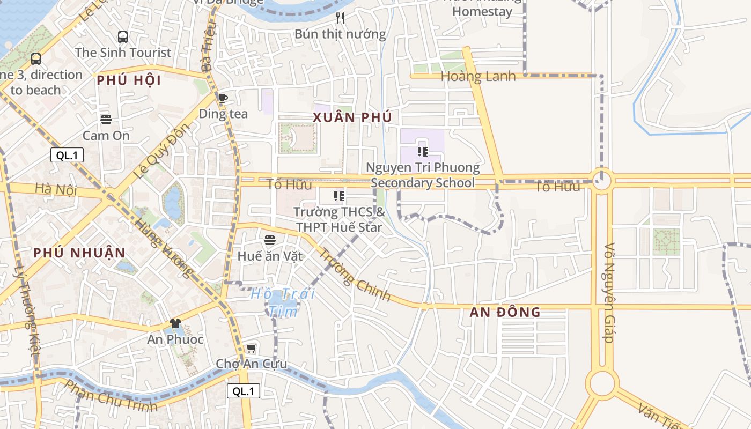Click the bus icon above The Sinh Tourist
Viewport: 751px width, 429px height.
(x=123, y=37)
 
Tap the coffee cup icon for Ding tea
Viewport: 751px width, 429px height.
(x=223, y=98)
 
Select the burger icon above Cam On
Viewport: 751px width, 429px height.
(x=106, y=120)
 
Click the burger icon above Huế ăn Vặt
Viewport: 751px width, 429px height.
(x=270, y=240)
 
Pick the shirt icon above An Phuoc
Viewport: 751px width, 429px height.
(x=175, y=323)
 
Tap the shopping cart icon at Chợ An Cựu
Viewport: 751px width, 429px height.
(x=251, y=349)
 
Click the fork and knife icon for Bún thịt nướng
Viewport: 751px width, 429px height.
(x=340, y=19)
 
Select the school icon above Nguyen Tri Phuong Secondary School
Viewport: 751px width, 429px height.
(x=423, y=152)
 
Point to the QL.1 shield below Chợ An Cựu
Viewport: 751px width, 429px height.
(x=244, y=391)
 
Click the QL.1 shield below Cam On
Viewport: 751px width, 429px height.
(x=67, y=156)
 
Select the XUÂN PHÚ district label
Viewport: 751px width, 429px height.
(x=352, y=117)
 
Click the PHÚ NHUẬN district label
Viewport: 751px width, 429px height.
(x=79, y=253)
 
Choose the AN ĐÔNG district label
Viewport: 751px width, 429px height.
(x=505, y=312)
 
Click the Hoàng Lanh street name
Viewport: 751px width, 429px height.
(x=478, y=76)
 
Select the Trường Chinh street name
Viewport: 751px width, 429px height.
(x=355, y=274)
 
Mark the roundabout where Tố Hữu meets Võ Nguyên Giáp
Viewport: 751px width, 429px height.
(x=601, y=181)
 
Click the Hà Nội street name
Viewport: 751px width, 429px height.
(x=56, y=189)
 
